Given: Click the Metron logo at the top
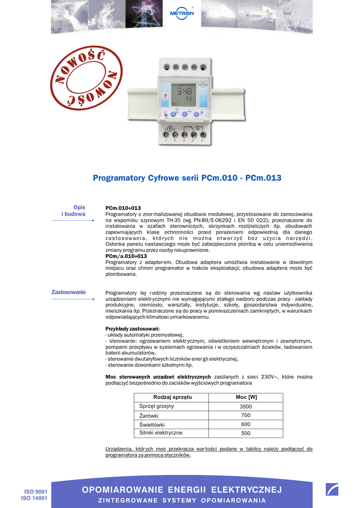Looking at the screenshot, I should [x=182, y=12].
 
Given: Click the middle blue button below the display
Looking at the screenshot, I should [x=184, y=114].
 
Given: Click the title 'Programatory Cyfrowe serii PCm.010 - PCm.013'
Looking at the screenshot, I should [x=187, y=178].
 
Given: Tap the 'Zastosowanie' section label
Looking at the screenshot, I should [x=69, y=292].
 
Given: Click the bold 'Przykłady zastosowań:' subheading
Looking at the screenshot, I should [x=132, y=329].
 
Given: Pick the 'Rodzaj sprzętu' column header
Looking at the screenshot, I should [x=172, y=397].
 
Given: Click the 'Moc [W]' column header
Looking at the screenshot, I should [x=246, y=397].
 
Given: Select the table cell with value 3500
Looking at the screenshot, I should [x=246, y=407].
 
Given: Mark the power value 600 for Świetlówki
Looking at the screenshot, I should [x=246, y=425].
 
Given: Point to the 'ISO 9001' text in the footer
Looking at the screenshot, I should [x=35, y=492].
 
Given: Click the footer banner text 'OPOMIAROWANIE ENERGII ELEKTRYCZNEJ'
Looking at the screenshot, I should [x=182, y=490].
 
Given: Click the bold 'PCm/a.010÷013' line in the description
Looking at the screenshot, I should [x=126, y=256].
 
